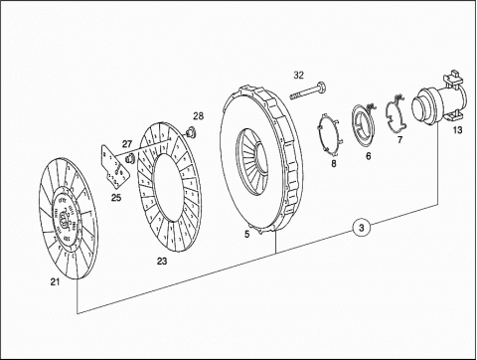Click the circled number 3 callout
click(x=361, y=228)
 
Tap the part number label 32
click(x=298, y=76)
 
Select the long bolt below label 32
click(x=308, y=90)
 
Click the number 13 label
click(x=457, y=130)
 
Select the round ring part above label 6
click(x=364, y=124)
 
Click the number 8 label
click(x=334, y=163)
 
